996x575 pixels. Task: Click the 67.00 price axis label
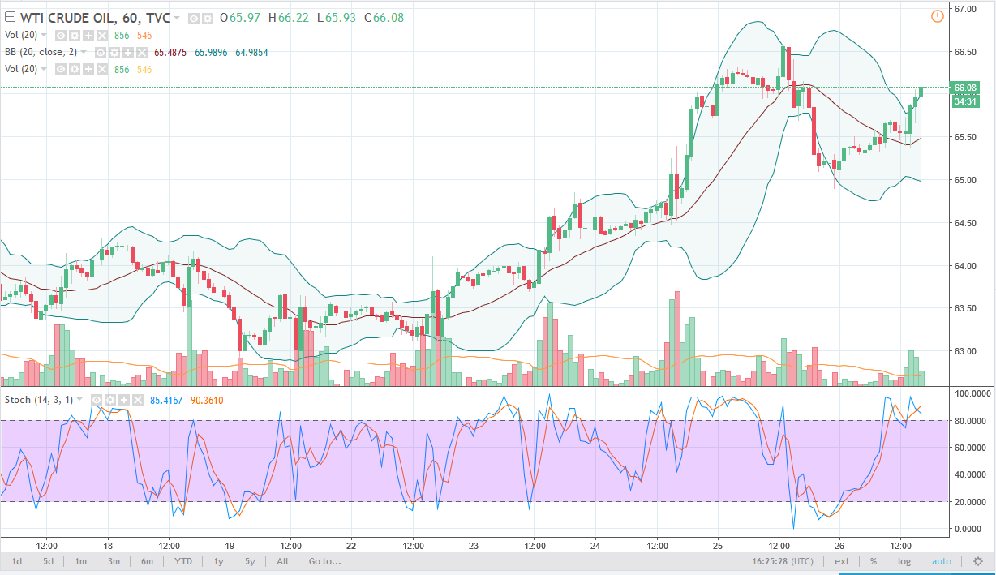pyautogui.click(x=965, y=9)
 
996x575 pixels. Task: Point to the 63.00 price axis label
pyautogui.click(x=965, y=351)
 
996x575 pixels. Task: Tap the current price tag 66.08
pyautogui.click(x=965, y=88)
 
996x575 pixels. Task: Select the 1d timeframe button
pyautogui.click(x=16, y=561)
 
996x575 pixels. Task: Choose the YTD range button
pyautogui.click(x=183, y=561)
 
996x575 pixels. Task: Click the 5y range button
pyautogui.click(x=250, y=561)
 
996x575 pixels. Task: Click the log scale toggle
pyautogui.click(x=904, y=561)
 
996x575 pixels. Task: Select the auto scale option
pyautogui.click(x=941, y=561)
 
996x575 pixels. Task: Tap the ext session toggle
pyautogui.click(x=843, y=561)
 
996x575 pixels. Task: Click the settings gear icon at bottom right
pyautogui.click(x=978, y=561)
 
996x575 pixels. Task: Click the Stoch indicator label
pyautogui.click(x=18, y=400)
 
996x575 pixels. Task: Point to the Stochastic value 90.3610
pyautogui.click(x=206, y=400)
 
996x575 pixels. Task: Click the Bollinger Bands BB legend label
pyautogui.click(x=11, y=52)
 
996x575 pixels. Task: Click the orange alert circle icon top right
pyautogui.click(x=938, y=16)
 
